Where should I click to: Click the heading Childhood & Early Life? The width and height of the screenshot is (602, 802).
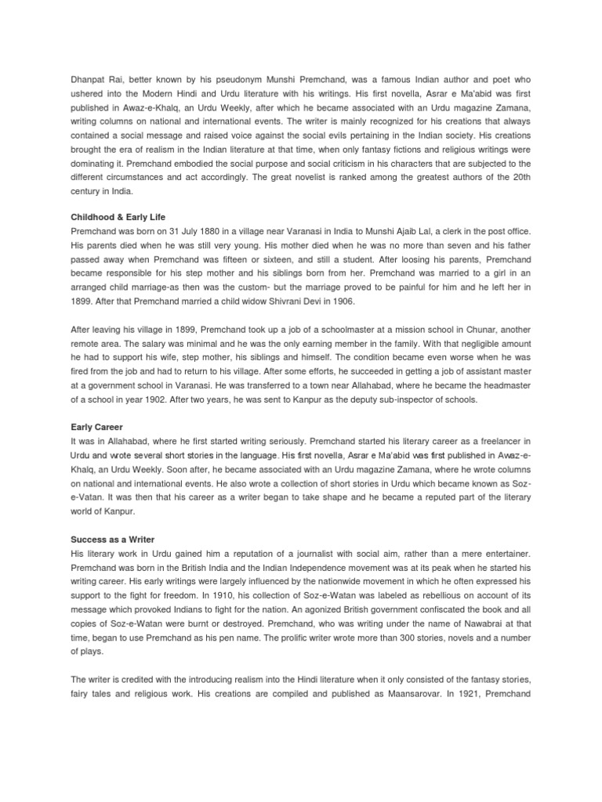[x=118, y=216]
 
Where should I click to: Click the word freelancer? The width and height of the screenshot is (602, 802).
[x=498, y=442]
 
